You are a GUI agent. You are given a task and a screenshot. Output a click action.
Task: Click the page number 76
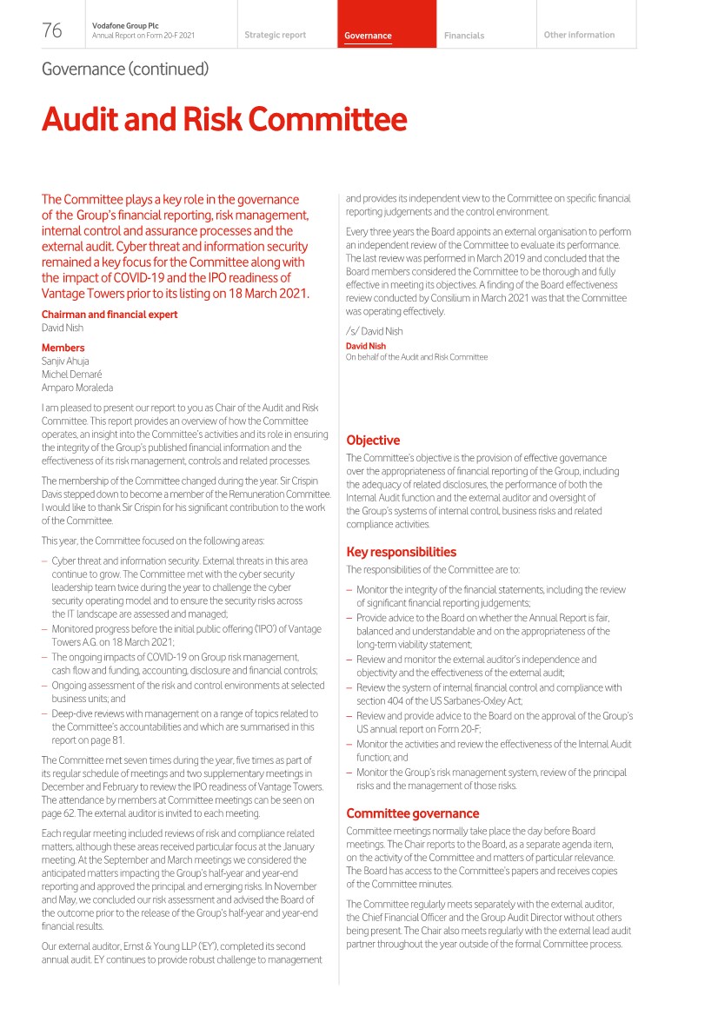[52, 31]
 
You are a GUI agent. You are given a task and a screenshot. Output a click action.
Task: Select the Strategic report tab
[275, 36]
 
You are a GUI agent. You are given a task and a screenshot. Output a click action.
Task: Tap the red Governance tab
[368, 36]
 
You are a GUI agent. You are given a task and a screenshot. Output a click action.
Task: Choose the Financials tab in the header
[464, 36]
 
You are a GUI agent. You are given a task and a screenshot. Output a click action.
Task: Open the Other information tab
[579, 36]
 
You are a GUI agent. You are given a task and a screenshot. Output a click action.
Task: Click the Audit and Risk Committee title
[224, 119]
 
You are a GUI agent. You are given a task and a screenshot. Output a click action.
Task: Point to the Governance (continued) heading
[125, 69]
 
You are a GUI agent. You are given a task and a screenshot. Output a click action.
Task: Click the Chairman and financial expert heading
[110, 315]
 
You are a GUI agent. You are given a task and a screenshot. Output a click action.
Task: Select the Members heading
[63, 348]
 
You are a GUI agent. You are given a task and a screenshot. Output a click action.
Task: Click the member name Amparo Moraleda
[77, 388]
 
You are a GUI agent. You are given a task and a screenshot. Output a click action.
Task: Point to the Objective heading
[373, 441]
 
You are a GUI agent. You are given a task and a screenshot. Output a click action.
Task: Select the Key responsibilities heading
[401, 552]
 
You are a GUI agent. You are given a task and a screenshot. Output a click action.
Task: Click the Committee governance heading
[413, 813]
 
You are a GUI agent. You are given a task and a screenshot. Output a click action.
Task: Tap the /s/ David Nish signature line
[374, 331]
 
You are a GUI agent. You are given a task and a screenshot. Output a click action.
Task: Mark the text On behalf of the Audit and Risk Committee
[416, 357]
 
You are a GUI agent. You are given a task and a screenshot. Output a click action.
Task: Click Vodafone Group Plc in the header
[121, 26]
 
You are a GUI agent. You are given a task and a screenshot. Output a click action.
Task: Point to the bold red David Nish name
[366, 346]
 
